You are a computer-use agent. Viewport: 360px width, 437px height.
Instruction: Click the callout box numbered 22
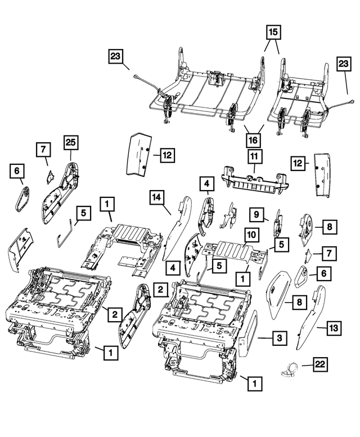(319, 365)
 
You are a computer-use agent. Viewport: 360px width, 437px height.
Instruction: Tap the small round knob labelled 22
(291, 368)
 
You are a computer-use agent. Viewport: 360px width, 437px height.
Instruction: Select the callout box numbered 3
(280, 338)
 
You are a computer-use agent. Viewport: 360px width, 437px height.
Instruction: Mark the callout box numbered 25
(70, 145)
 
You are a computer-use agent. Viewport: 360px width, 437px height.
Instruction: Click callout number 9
(256, 214)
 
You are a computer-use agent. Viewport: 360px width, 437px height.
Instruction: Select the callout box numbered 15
(273, 33)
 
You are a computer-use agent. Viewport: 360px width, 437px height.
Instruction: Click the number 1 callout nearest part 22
(255, 384)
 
